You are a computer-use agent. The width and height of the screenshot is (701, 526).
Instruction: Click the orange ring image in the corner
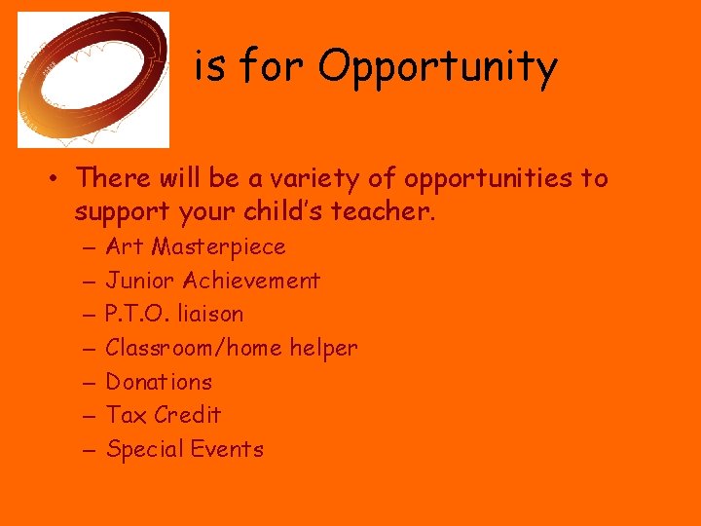tap(93, 80)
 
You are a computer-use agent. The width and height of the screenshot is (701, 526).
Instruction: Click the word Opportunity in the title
tap(437, 68)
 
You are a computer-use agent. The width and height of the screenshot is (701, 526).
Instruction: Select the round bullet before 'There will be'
tap(59, 179)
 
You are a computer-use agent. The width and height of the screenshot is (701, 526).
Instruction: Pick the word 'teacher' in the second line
tap(387, 210)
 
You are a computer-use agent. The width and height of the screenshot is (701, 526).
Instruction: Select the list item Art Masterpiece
tap(195, 246)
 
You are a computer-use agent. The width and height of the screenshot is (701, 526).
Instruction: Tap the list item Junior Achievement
tap(212, 281)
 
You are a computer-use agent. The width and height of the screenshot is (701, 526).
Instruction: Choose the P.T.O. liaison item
tap(174, 314)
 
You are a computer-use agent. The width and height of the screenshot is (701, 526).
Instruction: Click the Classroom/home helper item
tap(231, 348)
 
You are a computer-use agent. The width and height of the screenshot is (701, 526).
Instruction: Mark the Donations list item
tap(159, 382)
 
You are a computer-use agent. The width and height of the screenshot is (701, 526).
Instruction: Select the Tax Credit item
tap(163, 415)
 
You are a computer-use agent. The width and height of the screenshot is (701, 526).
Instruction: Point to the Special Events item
tap(184, 449)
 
